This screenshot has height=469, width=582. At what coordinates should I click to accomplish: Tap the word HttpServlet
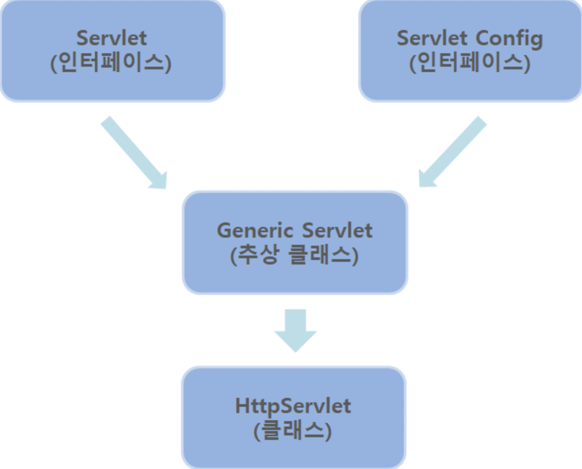point(293,406)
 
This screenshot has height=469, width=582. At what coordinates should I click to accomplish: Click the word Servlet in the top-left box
point(111,38)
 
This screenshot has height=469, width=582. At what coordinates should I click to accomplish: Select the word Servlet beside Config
point(432,38)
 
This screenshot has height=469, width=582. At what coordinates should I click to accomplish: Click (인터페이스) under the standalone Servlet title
point(111,63)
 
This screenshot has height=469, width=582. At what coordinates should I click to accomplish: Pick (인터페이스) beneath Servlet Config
point(470,63)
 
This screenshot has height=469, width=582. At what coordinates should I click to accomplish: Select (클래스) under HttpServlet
point(293,431)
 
